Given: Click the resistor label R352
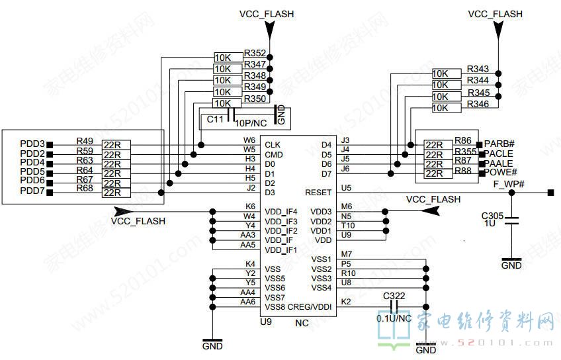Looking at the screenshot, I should (255, 54).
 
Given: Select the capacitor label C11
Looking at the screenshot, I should (215, 120).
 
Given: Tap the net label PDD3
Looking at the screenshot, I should (32, 144).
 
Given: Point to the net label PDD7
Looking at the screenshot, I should (32, 191).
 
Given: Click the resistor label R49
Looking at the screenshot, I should (85, 141).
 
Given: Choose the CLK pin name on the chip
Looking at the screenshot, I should (273, 145).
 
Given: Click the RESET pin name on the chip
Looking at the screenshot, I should (318, 193).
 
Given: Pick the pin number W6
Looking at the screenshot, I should (249, 140).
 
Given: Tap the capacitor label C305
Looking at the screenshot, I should (493, 216).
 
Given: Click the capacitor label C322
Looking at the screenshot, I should (394, 296).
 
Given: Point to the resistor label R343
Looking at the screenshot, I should (478, 69).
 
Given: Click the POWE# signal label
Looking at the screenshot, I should (501, 173).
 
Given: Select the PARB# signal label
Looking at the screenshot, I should (499, 144).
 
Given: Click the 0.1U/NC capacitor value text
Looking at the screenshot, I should (394, 318).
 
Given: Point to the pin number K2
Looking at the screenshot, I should (346, 302).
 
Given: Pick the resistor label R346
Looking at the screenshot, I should (478, 105).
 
